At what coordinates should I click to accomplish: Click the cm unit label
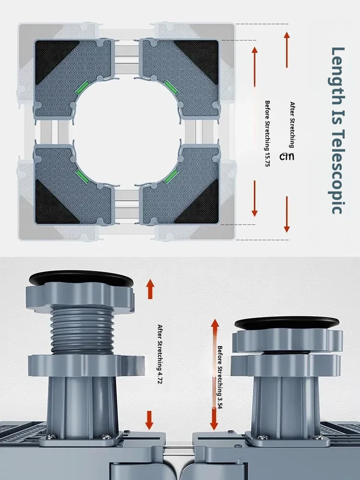(x=287, y=156)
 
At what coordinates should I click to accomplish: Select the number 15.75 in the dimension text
(x=267, y=159)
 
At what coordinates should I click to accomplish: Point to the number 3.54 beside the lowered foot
(x=220, y=401)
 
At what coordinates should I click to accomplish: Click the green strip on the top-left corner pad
(x=82, y=88)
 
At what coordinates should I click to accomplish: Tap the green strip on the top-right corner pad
(x=171, y=87)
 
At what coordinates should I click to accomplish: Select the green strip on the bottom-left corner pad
(x=83, y=177)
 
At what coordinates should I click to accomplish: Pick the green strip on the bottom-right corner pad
(x=171, y=176)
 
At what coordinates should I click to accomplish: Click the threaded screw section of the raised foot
(x=83, y=331)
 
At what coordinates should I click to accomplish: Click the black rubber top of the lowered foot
(x=287, y=323)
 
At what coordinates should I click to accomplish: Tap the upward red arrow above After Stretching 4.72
(x=150, y=289)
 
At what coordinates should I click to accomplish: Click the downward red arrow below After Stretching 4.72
(x=149, y=420)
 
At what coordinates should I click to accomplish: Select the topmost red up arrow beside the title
(x=287, y=49)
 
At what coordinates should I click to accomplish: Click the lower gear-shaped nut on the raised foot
(x=86, y=365)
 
